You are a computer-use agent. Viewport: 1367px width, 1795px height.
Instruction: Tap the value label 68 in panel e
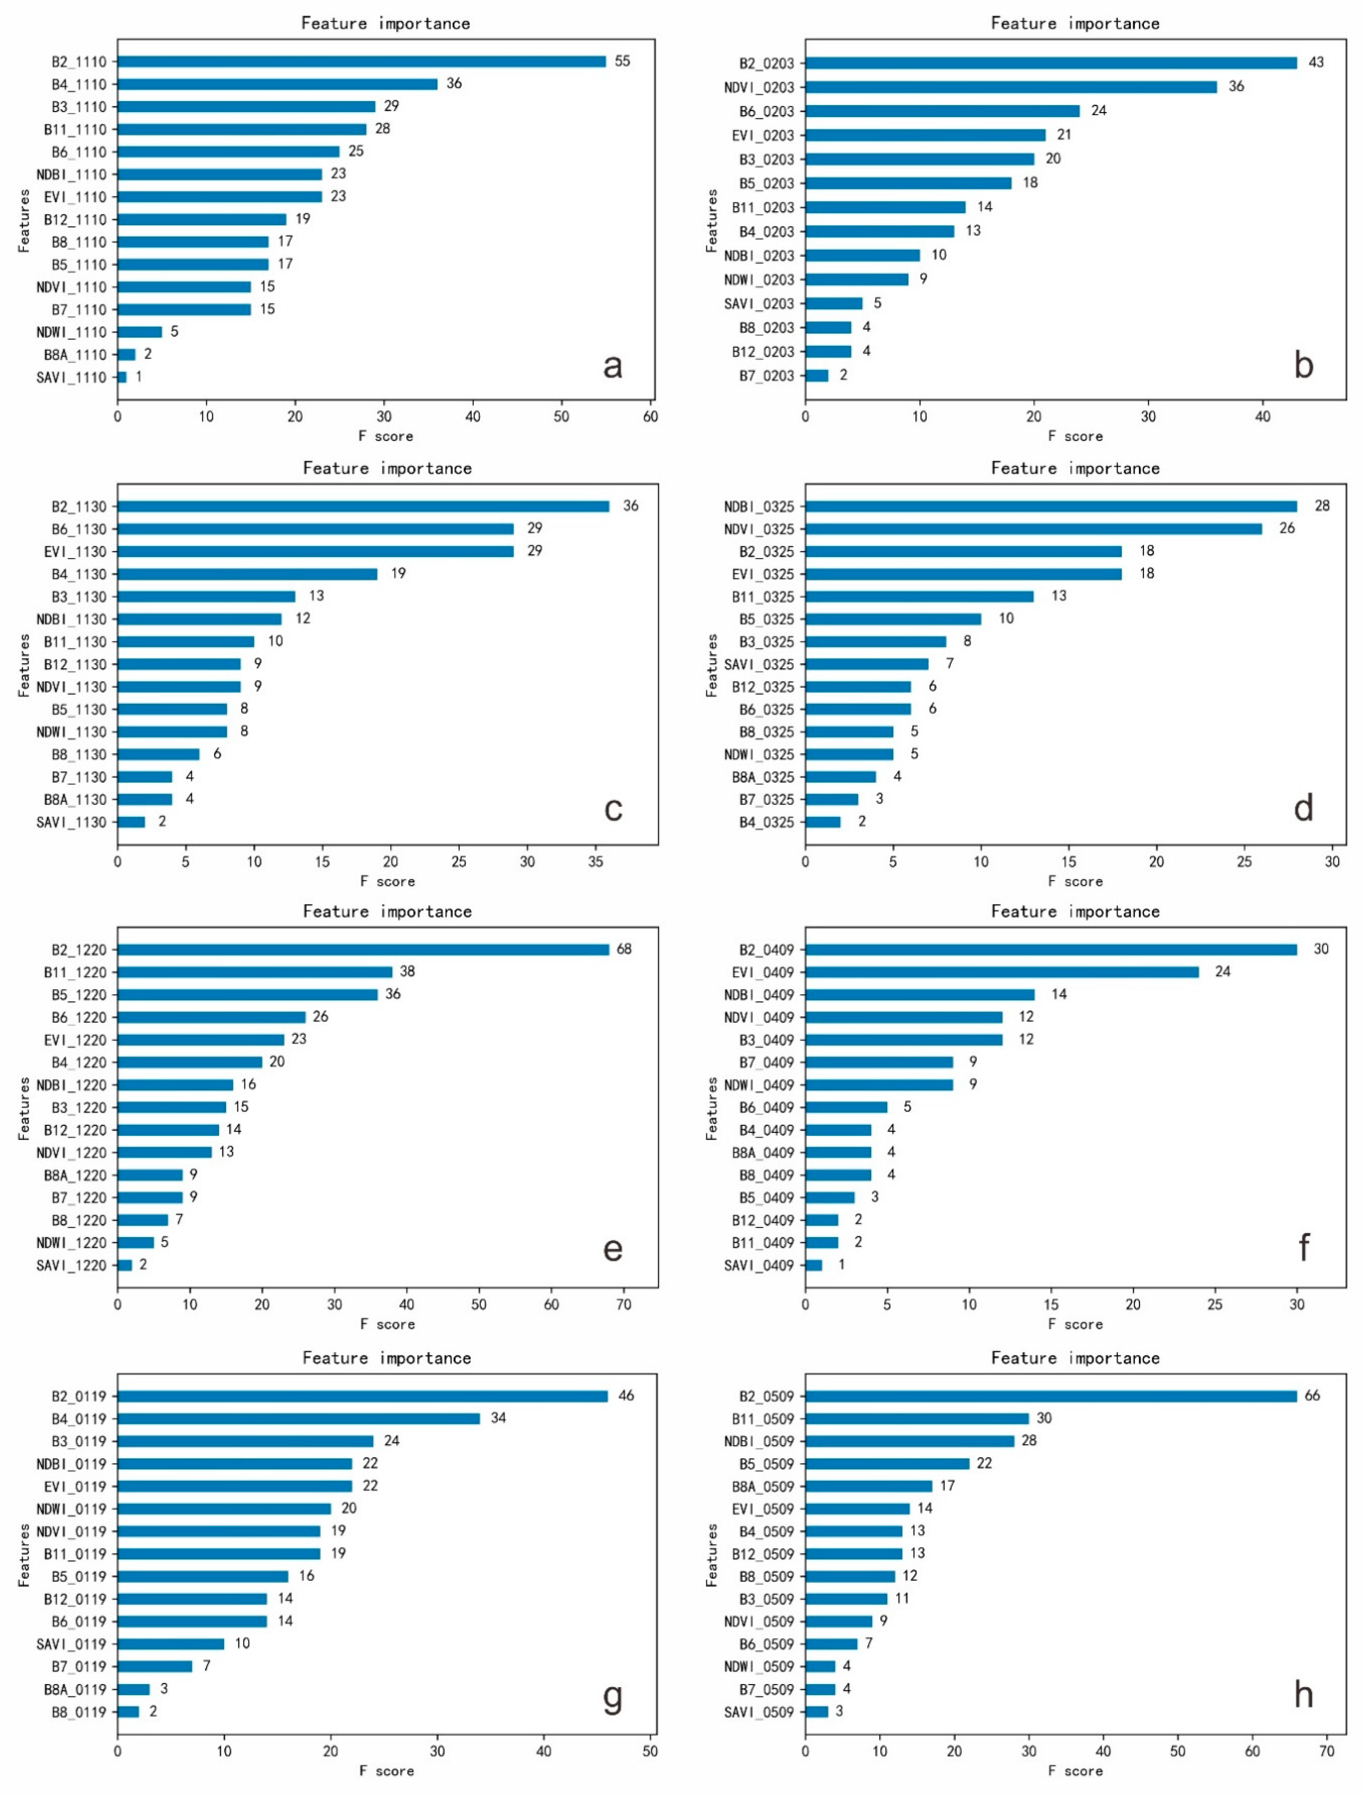624,949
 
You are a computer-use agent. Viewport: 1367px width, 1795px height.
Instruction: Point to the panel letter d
1303,809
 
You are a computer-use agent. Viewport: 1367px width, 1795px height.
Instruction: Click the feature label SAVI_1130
72,822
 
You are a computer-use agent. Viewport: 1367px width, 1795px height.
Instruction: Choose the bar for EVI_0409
1002,972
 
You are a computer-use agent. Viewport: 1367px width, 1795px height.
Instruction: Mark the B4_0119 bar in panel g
299,1419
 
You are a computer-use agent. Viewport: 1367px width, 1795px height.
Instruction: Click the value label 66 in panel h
1313,1396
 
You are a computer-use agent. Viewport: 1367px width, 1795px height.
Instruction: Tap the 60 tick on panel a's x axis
650,417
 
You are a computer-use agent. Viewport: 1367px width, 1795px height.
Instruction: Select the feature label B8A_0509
762,1487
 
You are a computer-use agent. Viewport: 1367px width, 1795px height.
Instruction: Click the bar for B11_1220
255,972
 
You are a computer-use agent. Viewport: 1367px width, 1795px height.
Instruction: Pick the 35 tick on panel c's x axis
596,862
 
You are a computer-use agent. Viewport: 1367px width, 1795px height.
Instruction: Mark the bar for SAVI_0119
171,1644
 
